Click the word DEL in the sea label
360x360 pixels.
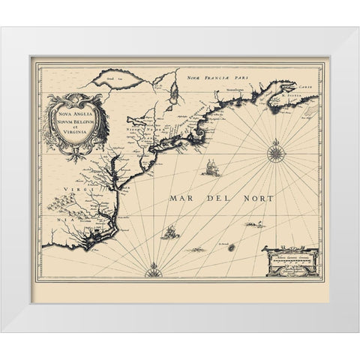click(220, 199)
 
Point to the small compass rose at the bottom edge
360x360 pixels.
click(154, 267)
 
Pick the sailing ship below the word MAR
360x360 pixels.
click(172, 232)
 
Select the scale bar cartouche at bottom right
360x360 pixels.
click(291, 261)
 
